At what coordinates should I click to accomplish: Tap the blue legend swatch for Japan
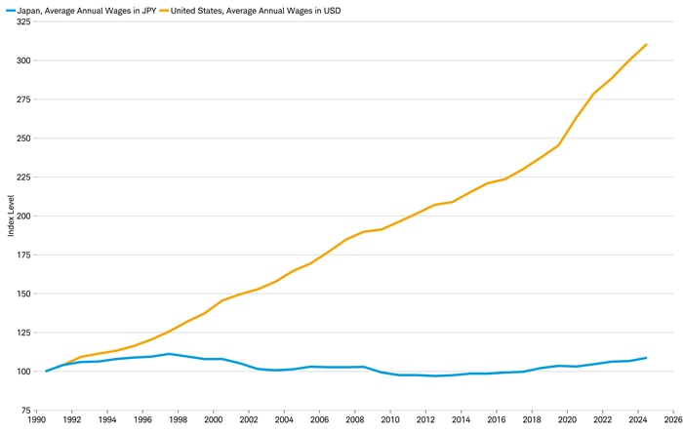coord(8,9)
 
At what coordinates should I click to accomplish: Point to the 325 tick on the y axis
coord(22,21)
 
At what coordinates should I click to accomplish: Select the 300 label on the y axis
coord(22,60)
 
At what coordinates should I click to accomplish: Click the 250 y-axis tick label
coord(22,138)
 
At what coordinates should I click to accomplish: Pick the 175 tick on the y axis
coord(22,255)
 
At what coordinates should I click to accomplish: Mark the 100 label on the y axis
coord(22,372)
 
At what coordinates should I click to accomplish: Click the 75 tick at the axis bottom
coord(24,411)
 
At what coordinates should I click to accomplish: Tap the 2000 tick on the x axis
coord(213,420)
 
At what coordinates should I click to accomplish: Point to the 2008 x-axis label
coord(354,420)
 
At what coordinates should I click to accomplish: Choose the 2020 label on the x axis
coord(567,420)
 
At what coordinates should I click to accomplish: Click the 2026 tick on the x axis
coord(672,420)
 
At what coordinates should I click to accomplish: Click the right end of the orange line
coord(646,44)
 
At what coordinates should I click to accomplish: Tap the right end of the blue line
coord(646,358)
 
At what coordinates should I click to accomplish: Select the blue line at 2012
coord(425,375)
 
